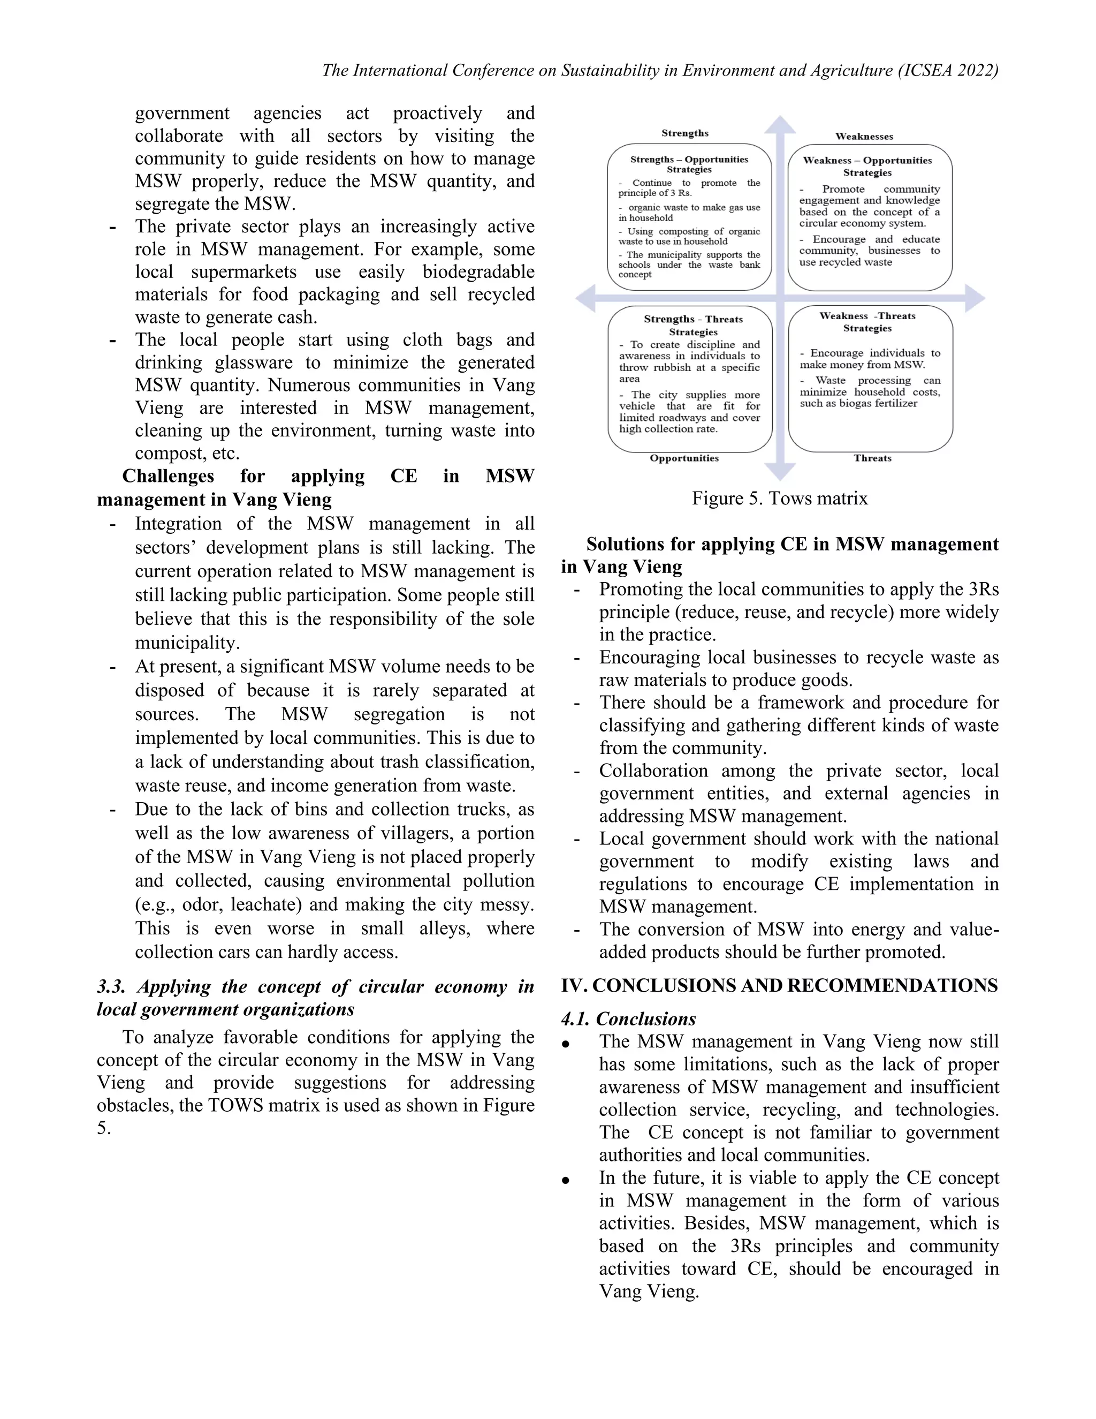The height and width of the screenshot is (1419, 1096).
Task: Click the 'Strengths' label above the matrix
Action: click(x=685, y=133)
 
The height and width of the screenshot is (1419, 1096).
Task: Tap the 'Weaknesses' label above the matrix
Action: click(x=864, y=137)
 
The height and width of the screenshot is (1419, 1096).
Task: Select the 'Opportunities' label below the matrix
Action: click(x=684, y=458)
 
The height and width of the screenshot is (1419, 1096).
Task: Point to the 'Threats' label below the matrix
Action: click(x=873, y=458)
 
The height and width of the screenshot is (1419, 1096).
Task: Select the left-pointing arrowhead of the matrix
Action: click(x=585, y=298)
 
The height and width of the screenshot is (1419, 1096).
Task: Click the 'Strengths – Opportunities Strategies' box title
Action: click(x=689, y=164)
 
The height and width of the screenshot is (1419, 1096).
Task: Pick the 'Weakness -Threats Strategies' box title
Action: click(x=867, y=322)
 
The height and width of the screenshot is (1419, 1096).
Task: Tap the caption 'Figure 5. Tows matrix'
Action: click(x=780, y=499)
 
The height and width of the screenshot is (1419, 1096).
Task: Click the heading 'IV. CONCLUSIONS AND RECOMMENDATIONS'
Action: click(x=779, y=986)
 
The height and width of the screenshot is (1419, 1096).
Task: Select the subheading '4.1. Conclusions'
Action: click(x=628, y=1019)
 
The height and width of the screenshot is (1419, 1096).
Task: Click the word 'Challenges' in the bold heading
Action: click(x=168, y=476)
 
